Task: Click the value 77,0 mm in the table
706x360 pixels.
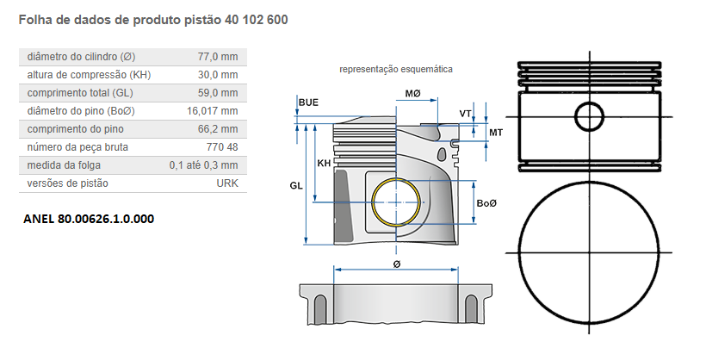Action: click(x=218, y=57)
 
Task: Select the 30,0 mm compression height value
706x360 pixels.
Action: click(x=218, y=75)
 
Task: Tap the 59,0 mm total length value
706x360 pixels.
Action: click(x=218, y=93)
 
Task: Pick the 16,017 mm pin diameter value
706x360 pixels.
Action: click(x=212, y=111)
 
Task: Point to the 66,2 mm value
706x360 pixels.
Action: click(x=218, y=129)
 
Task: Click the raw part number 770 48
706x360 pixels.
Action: click(x=222, y=147)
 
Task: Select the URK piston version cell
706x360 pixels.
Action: click(x=227, y=183)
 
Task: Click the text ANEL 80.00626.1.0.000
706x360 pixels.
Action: click(x=89, y=219)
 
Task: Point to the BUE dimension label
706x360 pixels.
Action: click(x=308, y=102)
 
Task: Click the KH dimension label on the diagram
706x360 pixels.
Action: click(x=324, y=163)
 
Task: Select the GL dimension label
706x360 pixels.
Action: click(x=295, y=185)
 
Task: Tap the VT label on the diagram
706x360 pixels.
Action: click(x=465, y=114)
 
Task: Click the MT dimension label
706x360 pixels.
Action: click(x=496, y=132)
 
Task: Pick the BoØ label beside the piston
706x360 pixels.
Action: click(x=487, y=202)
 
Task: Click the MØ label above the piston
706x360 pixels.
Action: click(x=412, y=92)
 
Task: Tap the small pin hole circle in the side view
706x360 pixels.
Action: click(x=590, y=116)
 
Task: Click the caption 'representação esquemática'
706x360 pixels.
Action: click(x=396, y=69)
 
